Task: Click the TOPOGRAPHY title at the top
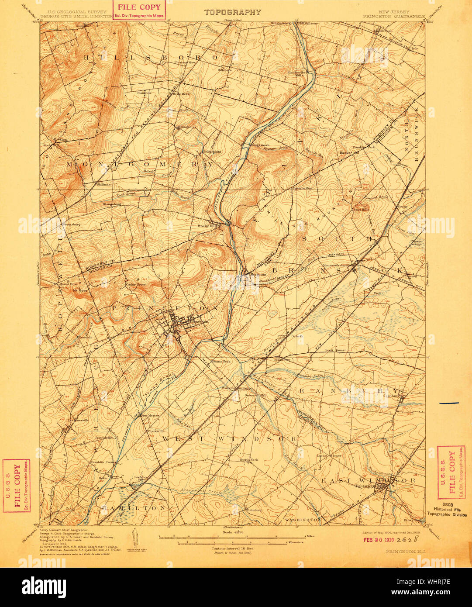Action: click(x=233, y=12)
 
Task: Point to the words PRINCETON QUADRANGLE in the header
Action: click(x=393, y=16)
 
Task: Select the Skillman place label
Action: click(x=103, y=184)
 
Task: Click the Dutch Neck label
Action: click(x=248, y=459)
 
